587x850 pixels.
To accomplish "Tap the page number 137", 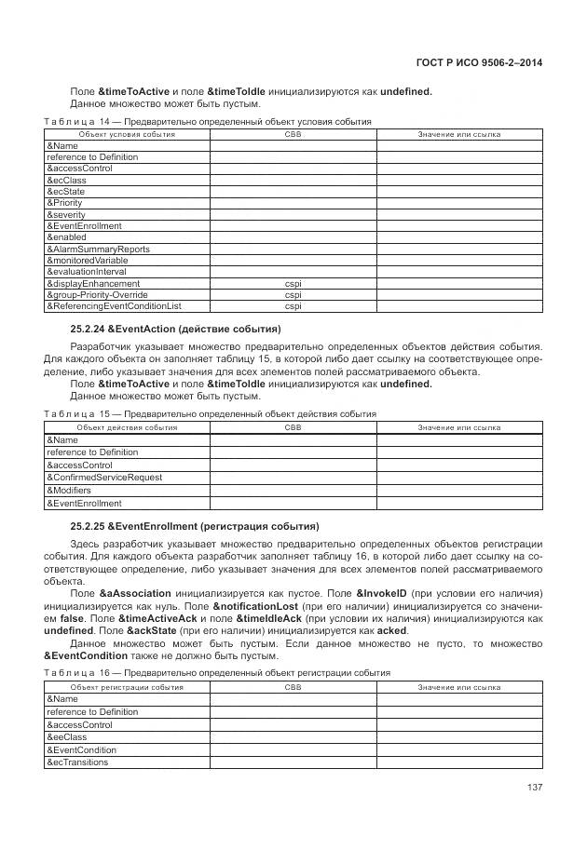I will [534, 788].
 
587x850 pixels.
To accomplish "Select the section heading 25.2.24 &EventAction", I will [176, 330].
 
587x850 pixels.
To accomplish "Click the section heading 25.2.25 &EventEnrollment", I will [194, 525].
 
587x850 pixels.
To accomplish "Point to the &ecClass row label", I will [66, 180].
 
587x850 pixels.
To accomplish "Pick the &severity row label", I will [66, 214].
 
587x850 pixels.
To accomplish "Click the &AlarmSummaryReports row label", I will [98, 249].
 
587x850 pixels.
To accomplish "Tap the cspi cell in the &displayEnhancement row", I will [293, 283].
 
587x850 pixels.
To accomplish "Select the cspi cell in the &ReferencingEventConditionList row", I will [293, 305].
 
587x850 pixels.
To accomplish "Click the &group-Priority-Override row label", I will [97, 294].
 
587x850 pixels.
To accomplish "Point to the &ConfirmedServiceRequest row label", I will [104, 477].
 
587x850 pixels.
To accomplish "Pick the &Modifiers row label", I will [69, 489].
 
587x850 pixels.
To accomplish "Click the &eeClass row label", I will [66, 736].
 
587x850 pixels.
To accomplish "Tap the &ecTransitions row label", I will [77, 762].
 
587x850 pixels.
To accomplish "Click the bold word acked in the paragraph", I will [393, 629].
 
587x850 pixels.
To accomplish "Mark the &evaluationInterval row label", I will [89, 272].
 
